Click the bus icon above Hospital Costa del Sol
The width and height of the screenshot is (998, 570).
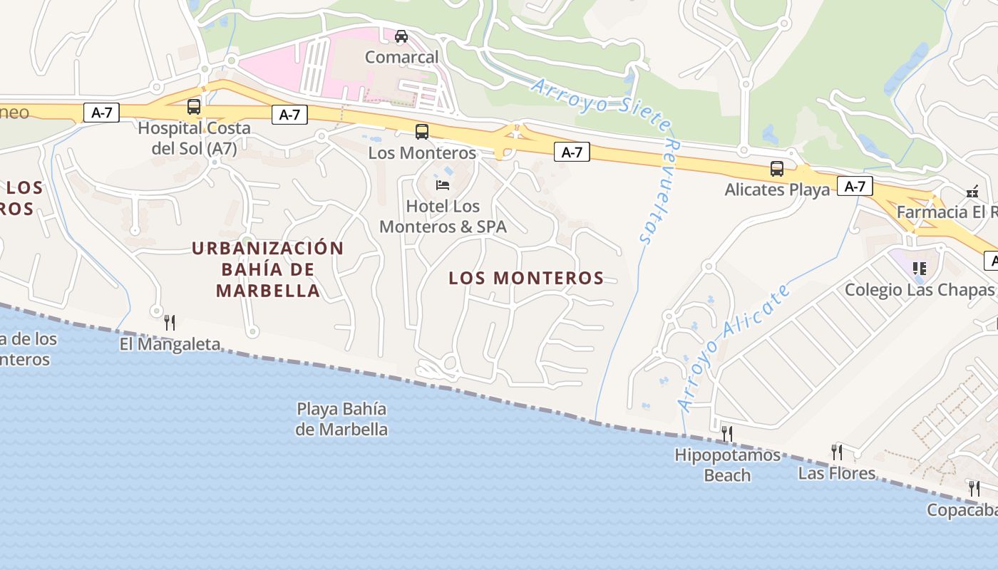pos(194,107)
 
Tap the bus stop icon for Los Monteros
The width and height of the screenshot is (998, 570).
pos(422,131)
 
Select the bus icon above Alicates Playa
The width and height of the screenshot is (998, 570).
pos(777,169)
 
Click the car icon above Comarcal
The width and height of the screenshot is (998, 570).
pos(401,36)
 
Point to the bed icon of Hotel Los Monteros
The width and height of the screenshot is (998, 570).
pos(443,185)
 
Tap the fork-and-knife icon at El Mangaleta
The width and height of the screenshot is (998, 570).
pos(170,323)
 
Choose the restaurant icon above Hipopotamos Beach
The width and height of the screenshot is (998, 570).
pos(727,433)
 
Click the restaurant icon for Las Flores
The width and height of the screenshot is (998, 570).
pos(837,452)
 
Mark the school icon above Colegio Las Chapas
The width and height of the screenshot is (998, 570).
pos(920,269)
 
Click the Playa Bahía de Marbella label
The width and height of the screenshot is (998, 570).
pos(341,419)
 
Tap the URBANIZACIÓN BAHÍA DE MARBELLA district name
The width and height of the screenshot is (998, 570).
pos(268,269)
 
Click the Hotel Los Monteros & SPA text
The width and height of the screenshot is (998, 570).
pos(443,217)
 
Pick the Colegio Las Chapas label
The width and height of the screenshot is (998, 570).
pos(919,290)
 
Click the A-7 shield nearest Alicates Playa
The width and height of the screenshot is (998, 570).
pos(855,187)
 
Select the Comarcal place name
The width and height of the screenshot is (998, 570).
pos(402,56)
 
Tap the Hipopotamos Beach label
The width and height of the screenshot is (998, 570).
pos(727,465)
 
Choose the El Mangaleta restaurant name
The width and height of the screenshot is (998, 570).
pos(170,345)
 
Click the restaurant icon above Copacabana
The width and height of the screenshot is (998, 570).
pos(974,489)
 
